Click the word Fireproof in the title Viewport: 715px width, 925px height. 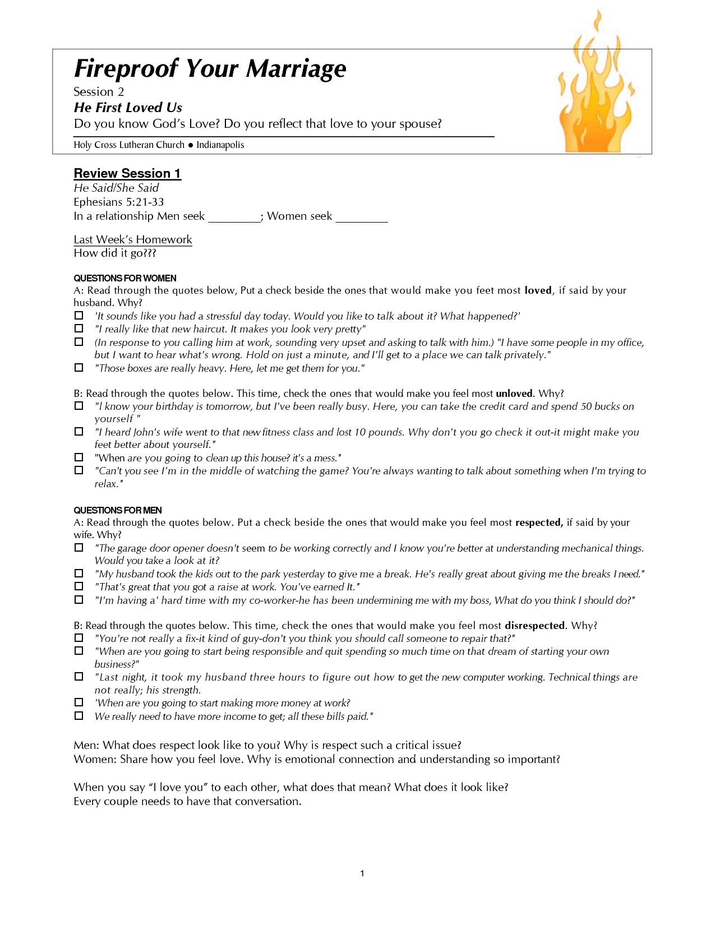click(126, 68)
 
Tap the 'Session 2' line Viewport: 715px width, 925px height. click(99, 92)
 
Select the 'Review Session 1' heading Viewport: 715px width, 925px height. click(127, 173)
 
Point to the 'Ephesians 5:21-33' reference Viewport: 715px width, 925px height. click(119, 202)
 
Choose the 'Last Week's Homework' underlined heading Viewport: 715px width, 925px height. click(133, 239)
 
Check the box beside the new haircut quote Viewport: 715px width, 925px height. click(79, 329)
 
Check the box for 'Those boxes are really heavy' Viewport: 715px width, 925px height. click(79, 368)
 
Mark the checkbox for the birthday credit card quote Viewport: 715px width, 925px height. click(79, 406)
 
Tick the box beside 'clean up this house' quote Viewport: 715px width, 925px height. click(79, 457)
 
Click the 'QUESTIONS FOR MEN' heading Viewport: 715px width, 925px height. click(118, 510)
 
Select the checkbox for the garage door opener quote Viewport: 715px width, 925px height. click(79, 548)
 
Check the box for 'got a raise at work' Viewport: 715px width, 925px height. click(79, 586)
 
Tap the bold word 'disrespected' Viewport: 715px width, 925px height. click(534, 626)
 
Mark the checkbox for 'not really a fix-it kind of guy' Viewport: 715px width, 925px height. click(79, 638)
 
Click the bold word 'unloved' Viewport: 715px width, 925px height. click(514, 394)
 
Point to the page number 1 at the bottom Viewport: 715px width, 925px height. click(362, 873)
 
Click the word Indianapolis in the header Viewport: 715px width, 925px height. click(220, 145)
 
